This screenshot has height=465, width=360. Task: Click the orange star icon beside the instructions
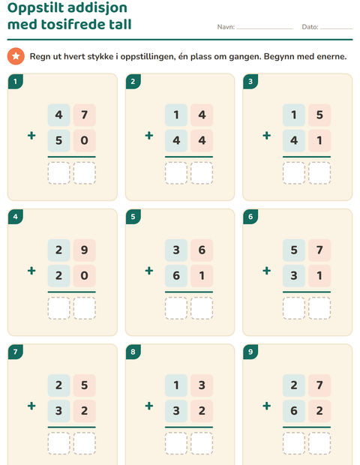click(16, 56)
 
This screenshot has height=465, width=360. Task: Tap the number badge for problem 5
click(133, 217)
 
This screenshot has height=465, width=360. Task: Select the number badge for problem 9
click(250, 352)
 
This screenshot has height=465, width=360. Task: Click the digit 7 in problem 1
click(85, 115)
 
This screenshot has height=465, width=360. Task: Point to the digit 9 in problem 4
click(85, 250)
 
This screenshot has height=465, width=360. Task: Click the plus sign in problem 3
click(266, 136)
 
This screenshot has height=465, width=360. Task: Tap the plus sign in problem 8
click(149, 406)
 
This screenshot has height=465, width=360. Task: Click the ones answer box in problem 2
click(202, 173)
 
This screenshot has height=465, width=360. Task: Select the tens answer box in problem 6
click(294, 308)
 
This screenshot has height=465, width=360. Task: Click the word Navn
click(226, 27)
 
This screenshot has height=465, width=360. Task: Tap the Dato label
click(310, 27)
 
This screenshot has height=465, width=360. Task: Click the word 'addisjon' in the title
click(97, 8)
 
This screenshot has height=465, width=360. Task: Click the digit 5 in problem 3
click(319, 115)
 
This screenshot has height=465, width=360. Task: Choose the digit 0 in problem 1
click(85, 140)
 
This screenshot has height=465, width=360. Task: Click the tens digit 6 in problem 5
click(176, 275)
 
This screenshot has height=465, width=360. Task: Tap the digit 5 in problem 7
click(85, 385)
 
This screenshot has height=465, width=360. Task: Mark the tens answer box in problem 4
click(58, 308)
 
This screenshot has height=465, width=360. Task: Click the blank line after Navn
click(265, 28)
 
